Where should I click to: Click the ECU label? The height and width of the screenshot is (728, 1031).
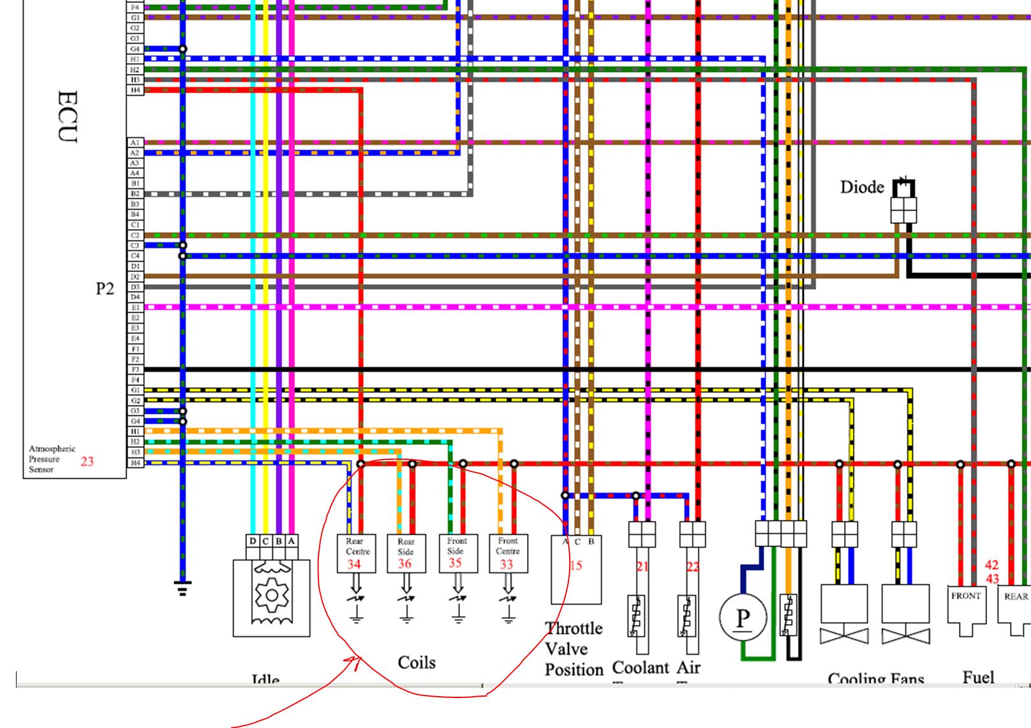click(x=67, y=117)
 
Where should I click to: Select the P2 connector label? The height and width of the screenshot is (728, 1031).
click(x=105, y=289)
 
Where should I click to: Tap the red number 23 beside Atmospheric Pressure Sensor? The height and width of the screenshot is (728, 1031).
click(x=87, y=461)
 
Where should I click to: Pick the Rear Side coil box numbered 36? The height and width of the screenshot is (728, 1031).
click(x=406, y=553)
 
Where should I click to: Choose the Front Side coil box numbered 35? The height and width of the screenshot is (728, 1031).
click(x=457, y=553)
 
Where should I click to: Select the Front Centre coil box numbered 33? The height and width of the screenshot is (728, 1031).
click(x=508, y=553)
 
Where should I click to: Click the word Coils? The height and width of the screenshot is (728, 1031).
click(x=417, y=662)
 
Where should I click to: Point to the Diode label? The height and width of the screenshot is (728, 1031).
click(x=862, y=187)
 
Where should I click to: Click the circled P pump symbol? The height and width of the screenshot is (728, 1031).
click(x=743, y=618)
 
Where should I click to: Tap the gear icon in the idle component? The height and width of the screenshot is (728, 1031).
click(x=272, y=596)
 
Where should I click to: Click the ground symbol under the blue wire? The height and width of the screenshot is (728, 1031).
click(x=182, y=588)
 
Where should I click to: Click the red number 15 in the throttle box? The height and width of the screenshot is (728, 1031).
click(x=575, y=565)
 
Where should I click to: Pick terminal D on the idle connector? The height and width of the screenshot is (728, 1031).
click(x=253, y=541)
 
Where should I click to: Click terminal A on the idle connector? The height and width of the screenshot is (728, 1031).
click(x=292, y=541)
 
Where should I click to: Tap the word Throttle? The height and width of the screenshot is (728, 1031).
click(x=574, y=628)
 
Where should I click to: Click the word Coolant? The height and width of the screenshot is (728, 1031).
click(x=640, y=667)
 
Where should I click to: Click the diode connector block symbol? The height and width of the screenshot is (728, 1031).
click(x=903, y=209)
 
